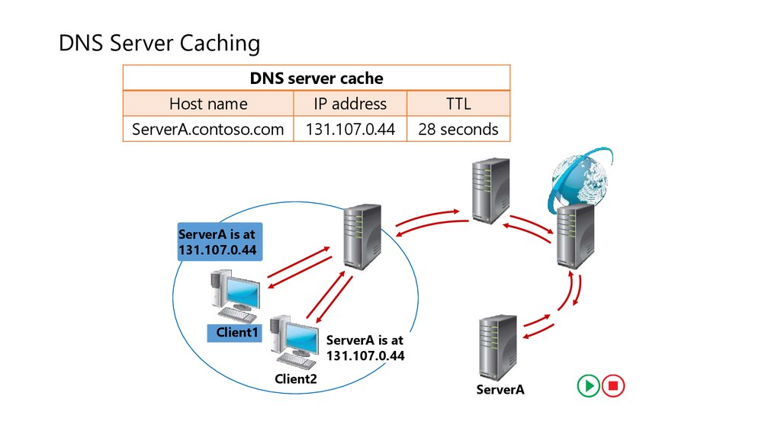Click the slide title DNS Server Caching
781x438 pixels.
click(x=159, y=43)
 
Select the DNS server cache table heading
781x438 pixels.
click(x=317, y=79)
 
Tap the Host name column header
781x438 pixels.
click(x=208, y=104)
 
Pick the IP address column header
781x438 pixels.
click(x=350, y=104)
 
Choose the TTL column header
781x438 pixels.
click(x=458, y=104)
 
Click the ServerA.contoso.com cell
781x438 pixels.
click(x=207, y=129)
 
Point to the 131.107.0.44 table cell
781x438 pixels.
click(x=350, y=129)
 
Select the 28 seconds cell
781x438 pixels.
click(x=458, y=129)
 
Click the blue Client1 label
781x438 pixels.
click(x=235, y=333)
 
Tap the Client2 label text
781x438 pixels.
click(x=296, y=379)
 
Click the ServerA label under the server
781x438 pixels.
click(x=500, y=390)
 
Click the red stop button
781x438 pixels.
click(x=613, y=385)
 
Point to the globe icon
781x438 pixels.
click(x=580, y=179)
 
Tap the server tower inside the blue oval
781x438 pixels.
click(x=362, y=237)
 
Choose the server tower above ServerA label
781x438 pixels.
click(x=497, y=347)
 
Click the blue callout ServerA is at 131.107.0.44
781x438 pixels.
click(x=220, y=242)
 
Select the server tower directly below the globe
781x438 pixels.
click(x=575, y=236)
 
